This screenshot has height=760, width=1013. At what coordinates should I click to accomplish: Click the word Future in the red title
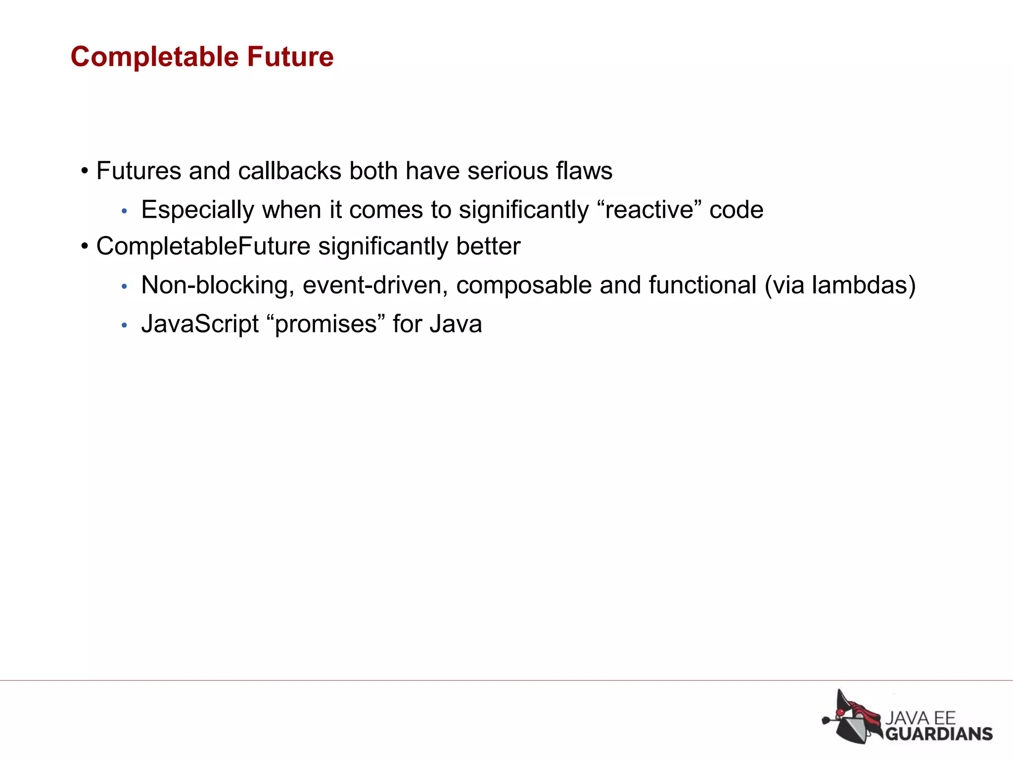[290, 57]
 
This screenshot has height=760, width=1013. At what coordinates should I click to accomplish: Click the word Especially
[197, 210]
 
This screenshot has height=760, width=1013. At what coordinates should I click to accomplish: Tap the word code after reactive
[737, 210]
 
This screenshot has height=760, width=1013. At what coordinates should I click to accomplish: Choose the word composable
[524, 285]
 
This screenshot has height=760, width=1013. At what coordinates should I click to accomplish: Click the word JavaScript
[200, 325]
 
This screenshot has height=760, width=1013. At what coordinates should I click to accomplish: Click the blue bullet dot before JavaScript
[124, 326]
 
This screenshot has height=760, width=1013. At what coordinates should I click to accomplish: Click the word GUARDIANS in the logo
[939, 733]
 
